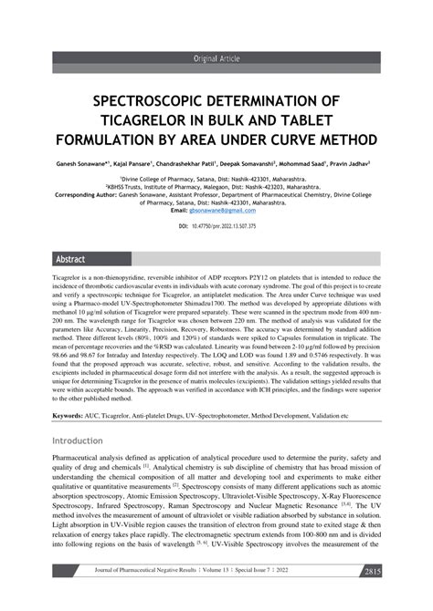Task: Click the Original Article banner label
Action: [216, 57]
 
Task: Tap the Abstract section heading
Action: [70, 258]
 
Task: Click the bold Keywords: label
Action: [68, 415]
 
